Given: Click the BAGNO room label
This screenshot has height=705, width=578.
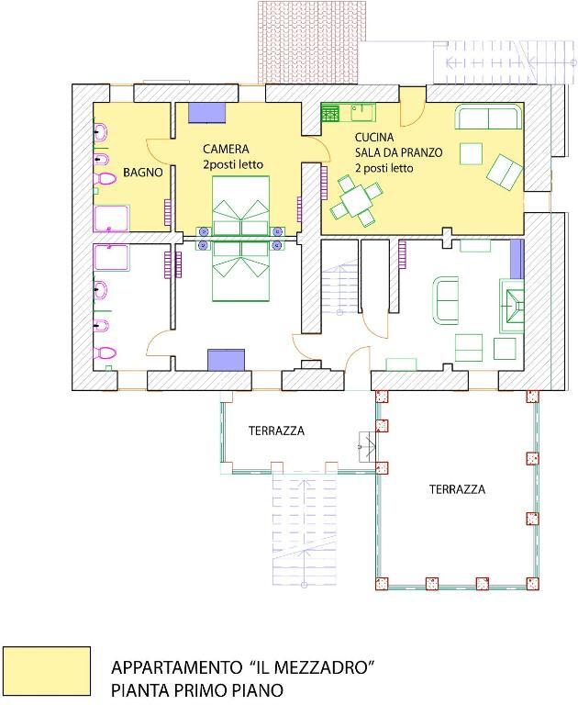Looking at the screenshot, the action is coord(143,173).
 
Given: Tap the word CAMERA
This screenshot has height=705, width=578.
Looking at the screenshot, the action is coord(226,149).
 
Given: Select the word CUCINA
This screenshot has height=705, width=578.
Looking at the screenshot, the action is coord(374,137).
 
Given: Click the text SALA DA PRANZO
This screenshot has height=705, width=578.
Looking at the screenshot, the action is coord(399,152).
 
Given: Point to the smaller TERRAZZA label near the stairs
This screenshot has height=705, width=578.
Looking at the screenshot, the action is coord(276,431).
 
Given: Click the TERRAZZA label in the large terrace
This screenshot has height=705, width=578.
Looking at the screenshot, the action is coord(457,489).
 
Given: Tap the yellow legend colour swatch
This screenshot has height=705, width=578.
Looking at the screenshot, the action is coord(47,670).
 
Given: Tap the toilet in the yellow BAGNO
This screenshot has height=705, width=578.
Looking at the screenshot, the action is coord(105,179).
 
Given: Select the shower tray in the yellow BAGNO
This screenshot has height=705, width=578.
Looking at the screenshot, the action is coord(111,218).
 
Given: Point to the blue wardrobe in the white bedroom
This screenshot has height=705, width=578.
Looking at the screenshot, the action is coord(226,360).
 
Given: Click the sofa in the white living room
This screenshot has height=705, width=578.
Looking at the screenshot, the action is coord(445,300).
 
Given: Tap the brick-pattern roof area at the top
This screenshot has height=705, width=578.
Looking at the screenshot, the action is coord(308,42).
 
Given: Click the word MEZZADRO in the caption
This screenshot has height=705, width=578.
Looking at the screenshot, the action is coord(322,666).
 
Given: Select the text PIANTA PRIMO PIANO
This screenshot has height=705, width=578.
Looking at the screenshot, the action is coord(197,689).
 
